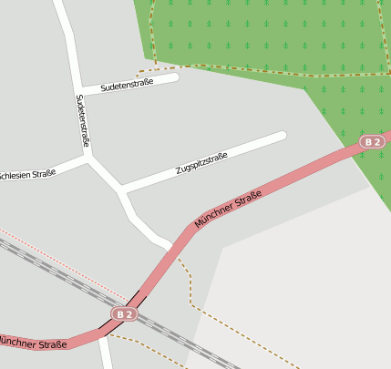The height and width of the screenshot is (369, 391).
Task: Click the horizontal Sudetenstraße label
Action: tap(128, 86)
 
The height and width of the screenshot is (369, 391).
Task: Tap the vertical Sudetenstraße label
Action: tap(83, 120)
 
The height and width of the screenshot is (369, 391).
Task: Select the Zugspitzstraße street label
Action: tap(201, 165)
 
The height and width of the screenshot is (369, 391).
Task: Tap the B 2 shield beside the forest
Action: tap(372, 142)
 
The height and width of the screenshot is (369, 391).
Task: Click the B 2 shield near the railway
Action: tap(125, 314)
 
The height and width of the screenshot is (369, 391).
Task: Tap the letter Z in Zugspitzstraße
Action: tap(179, 173)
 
